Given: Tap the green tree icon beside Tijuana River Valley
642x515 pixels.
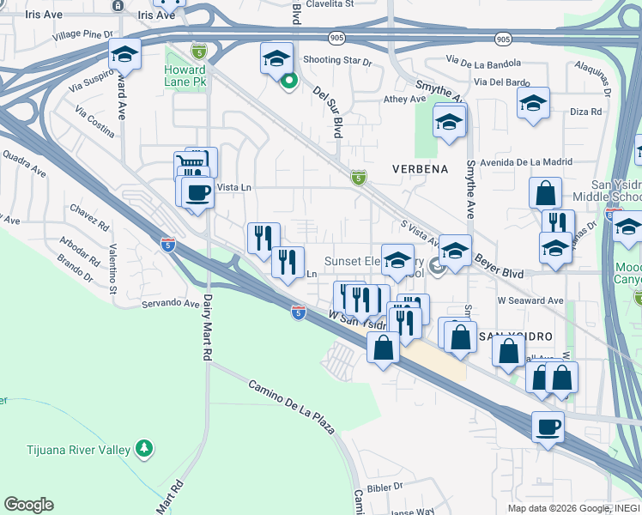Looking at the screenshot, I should tap(144, 449).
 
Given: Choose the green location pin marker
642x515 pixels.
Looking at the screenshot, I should tap(289, 82).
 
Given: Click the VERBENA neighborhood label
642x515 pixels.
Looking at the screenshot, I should tap(421, 169).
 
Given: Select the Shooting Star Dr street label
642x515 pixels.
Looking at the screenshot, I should tap(337, 61).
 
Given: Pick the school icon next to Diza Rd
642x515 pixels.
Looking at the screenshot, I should tap(533, 104).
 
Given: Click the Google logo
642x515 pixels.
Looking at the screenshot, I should tap(28, 505).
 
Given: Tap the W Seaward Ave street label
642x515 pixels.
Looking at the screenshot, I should tap(530, 300).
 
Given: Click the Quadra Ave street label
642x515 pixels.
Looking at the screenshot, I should tap(23, 163).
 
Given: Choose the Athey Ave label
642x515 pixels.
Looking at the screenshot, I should tap(404, 100).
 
